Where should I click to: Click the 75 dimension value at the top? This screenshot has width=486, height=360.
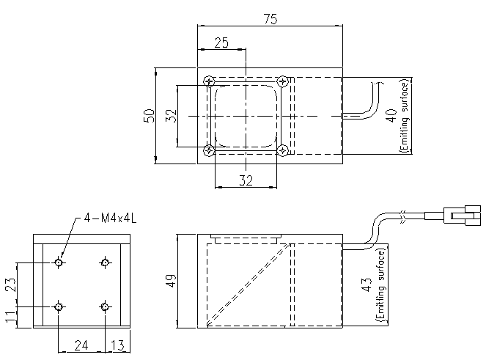[269, 20]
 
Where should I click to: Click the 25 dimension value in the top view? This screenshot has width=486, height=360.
[221, 43]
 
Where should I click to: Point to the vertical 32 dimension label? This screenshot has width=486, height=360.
[171, 116]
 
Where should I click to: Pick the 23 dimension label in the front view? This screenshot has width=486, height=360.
[10, 284]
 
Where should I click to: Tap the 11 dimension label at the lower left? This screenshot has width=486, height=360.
[10, 316]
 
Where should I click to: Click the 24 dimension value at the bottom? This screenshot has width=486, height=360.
[81, 345]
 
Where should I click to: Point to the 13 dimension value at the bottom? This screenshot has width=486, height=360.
[115, 345]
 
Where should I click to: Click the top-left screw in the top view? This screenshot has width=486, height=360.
[210, 81]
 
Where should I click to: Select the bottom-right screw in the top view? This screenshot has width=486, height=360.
[282, 150]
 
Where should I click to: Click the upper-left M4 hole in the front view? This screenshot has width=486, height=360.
[59, 262]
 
